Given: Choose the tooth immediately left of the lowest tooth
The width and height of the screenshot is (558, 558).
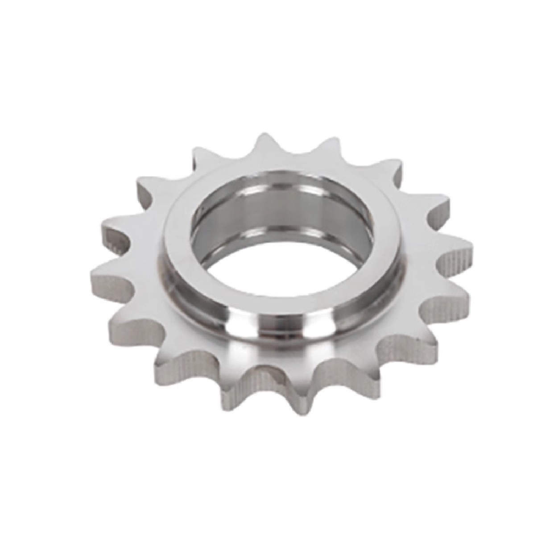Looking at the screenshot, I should click(x=234, y=393).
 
